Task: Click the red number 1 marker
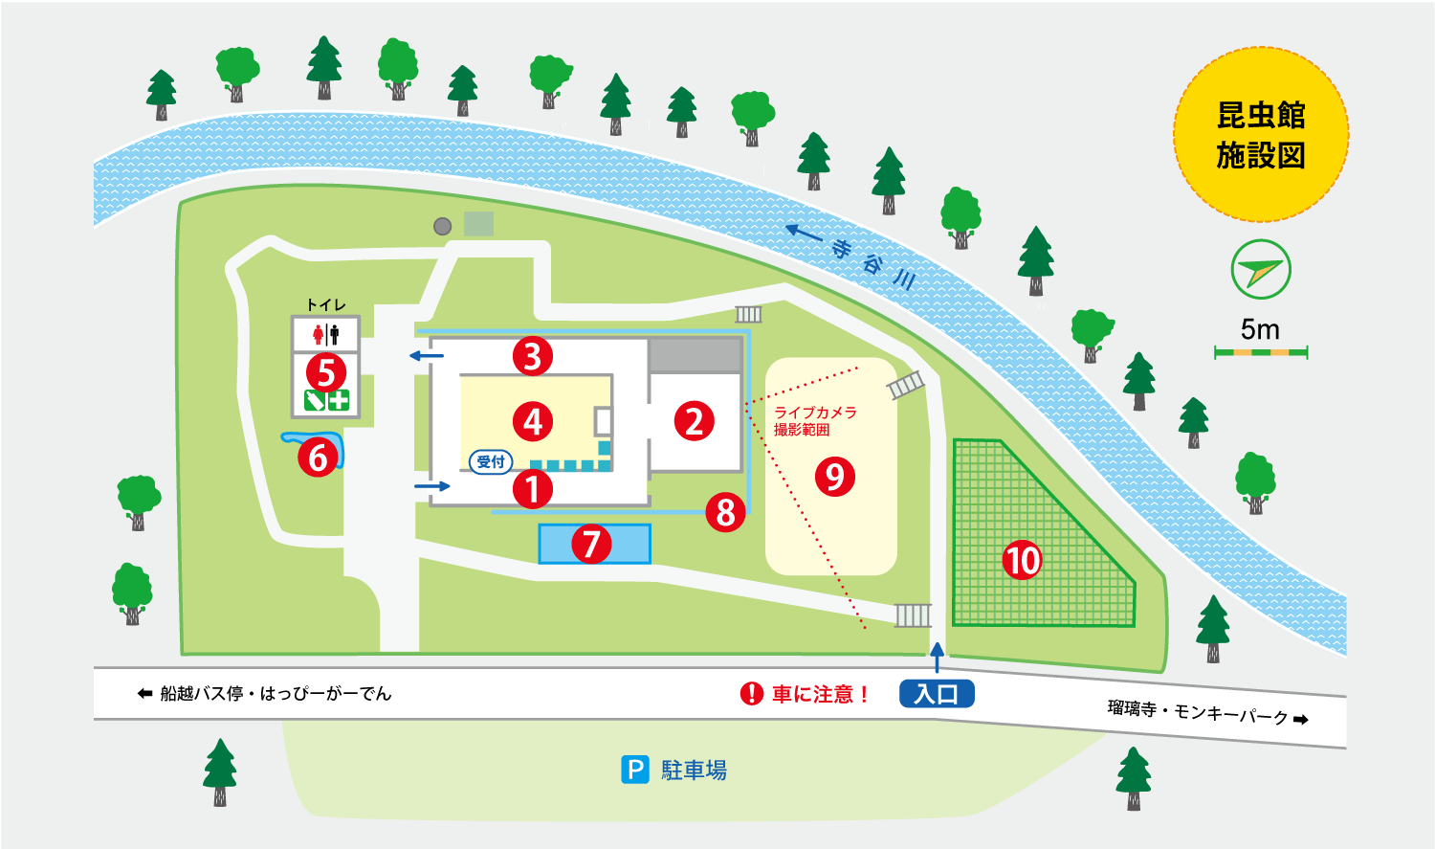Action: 533,489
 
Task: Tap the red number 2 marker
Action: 695,421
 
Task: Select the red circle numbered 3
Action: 533,356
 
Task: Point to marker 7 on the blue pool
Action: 591,545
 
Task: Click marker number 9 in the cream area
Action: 835,476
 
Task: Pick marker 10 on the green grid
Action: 1022,560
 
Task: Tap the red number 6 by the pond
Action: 319,458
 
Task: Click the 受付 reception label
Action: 491,461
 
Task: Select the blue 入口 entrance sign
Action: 936,694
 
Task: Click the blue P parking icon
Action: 635,770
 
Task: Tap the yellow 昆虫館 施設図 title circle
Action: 1261,135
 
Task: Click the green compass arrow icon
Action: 1261,270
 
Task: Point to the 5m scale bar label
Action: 1260,330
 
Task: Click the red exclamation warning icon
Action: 752,694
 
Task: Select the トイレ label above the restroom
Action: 325,304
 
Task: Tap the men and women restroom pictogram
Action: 325,335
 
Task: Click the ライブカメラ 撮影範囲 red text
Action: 814,420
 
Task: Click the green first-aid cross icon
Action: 339,400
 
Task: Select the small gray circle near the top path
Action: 442,227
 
